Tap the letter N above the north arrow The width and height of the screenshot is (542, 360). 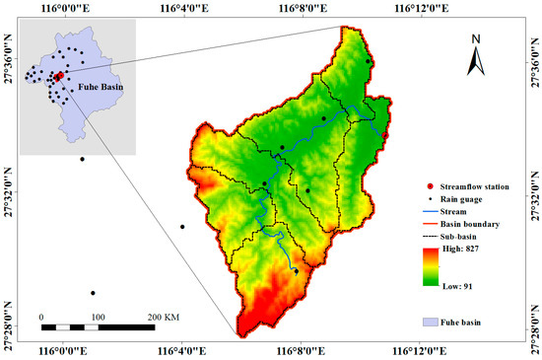pos(475,39)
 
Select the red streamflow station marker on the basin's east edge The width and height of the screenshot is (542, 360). pos(385,136)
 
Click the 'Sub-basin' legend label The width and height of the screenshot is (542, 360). pos(446,237)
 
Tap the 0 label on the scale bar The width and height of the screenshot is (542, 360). pos(41,317)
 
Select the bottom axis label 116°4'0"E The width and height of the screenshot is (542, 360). pos(181,350)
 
